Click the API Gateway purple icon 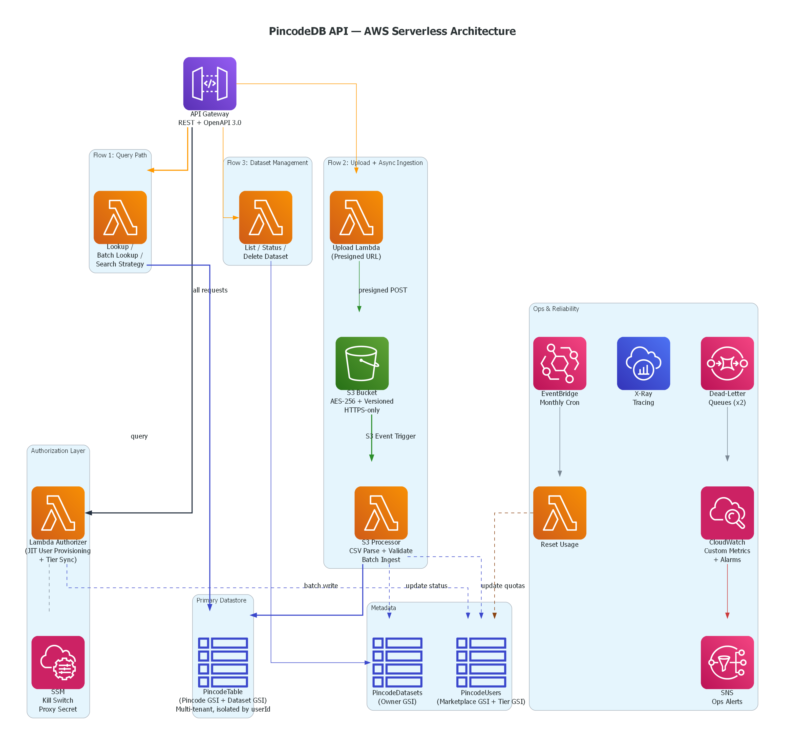[210, 84]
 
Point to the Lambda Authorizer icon [58, 513]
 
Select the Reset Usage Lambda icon [559, 513]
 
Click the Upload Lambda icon [356, 217]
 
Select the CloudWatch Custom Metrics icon [727, 513]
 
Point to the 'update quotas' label [503, 586]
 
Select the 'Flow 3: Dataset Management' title [267, 163]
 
